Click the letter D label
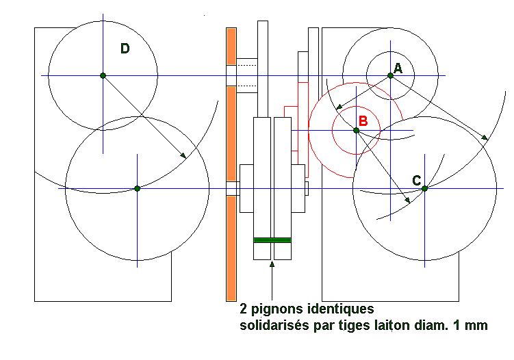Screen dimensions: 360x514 click(125, 48)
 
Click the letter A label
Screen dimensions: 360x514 click(398, 68)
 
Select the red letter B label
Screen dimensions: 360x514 click(363, 121)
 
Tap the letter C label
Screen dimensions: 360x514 click(416, 180)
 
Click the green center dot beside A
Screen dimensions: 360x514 click(391, 75)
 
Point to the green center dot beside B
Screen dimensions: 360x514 click(356, 130)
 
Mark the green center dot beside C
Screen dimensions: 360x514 click(424, 188)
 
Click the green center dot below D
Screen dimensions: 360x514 click(102, 75)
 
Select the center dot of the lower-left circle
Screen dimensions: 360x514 click(137, 188)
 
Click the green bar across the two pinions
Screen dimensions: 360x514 click(272, 240)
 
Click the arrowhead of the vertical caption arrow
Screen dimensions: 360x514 click(272, 263)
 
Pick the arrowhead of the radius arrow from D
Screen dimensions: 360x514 click(183, 157)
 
